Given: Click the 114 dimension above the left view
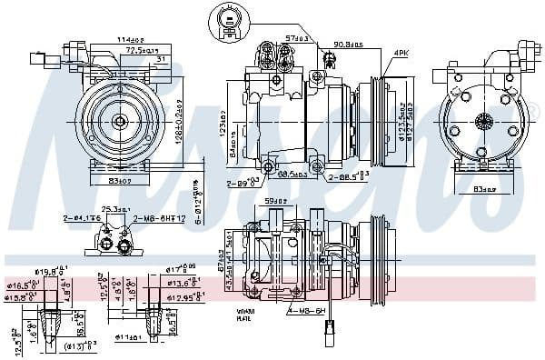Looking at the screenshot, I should pos(129,39).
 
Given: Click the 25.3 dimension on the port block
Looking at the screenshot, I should pos(113,211).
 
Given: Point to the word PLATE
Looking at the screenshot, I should pos(243,319).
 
